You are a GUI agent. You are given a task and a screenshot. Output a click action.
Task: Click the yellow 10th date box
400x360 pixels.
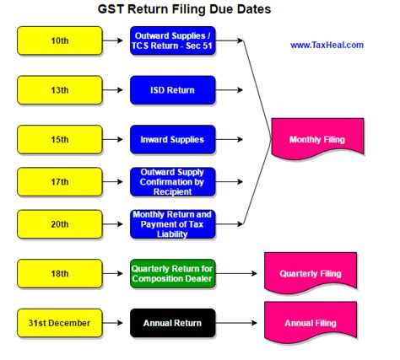(x=60, y=40)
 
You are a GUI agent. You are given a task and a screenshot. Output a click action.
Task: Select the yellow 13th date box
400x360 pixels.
(x=60, y=90)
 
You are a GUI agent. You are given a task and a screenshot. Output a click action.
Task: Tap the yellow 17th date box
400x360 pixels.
(x=60, y=182)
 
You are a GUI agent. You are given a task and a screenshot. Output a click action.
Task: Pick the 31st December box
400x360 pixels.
(x=60, y=323)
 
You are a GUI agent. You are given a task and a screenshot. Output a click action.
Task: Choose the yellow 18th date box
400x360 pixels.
(x=60, y=273)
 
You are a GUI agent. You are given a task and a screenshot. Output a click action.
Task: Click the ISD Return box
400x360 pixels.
(x=173, y=90)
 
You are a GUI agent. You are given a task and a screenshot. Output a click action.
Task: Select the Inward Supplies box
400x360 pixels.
(x=173, y=140)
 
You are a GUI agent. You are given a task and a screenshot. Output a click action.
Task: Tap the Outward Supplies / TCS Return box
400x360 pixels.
(x=173, y=40)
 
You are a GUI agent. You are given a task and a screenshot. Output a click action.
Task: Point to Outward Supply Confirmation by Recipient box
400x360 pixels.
(x=173, y=182)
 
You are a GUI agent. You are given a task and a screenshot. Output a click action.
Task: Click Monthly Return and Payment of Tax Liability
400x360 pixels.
(x=173, y=224)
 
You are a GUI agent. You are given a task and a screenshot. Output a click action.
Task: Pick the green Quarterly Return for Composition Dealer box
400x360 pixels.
(x=173, y=273)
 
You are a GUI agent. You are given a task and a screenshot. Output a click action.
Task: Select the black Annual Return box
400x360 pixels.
(x=173, y=323)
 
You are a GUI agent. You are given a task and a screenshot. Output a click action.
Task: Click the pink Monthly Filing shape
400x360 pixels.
(x=317, y=137)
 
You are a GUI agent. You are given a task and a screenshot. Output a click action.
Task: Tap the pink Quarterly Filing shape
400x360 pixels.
(x=311, y=272)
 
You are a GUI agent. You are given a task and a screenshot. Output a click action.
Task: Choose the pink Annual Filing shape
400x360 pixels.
(x=311, y=321)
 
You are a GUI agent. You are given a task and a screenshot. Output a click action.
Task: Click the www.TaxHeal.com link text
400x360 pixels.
(x=327, y=45)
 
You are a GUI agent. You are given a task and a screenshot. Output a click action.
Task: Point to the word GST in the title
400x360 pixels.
(x=111, y=9)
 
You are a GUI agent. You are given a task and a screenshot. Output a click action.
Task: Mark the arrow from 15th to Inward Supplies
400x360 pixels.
(x=112, y=139)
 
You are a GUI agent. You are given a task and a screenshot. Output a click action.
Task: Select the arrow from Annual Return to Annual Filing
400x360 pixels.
(x=236, y=323)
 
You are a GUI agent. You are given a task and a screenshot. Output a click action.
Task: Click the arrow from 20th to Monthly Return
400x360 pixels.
(x=112, y=224)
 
